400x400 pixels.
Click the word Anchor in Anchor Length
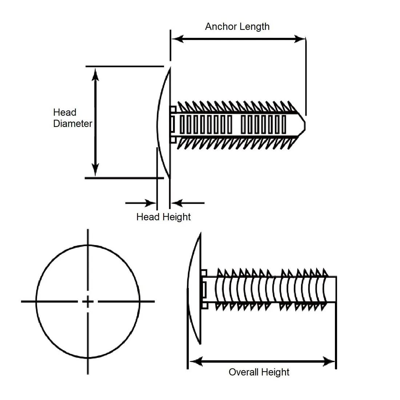coord(220,27)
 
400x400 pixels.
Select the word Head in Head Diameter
coord(65,112)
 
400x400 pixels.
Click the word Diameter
coord(73,124)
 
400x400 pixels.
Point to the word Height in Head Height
coord(176,217)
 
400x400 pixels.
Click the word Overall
coord(244,372)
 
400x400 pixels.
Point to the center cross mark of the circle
coord(88,301)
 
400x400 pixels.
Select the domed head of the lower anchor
coord(194,289)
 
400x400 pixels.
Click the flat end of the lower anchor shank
coord(336,289)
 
